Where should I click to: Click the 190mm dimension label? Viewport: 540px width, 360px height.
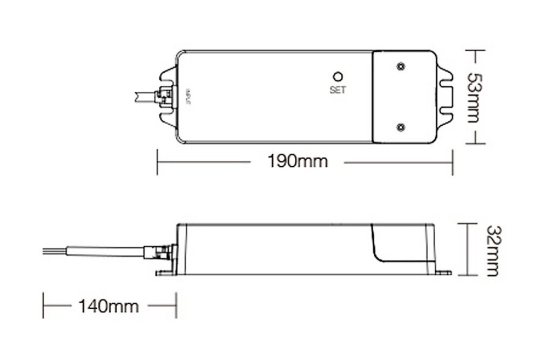click(298, 161)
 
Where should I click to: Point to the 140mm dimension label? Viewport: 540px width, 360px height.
click(109, 307)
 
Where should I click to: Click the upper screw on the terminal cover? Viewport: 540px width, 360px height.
click(400, 66)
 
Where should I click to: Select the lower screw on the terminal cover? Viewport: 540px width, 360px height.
click(400, 126)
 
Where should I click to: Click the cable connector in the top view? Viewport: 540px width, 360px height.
click(164, 97)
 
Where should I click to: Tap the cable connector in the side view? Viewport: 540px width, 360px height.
click(159, 251)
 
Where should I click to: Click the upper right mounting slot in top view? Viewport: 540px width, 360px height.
click(446, 82)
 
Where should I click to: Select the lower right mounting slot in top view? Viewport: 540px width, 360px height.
click(446, 112)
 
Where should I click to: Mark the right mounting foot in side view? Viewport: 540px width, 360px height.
click(443, 273)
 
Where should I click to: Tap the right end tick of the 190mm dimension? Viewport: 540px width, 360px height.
click(453, 162)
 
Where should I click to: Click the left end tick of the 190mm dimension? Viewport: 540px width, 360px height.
click(157, 162)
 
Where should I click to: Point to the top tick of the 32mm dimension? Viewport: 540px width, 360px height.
click(468, 222)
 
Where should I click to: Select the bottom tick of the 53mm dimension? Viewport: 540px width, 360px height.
click(475, 144)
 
